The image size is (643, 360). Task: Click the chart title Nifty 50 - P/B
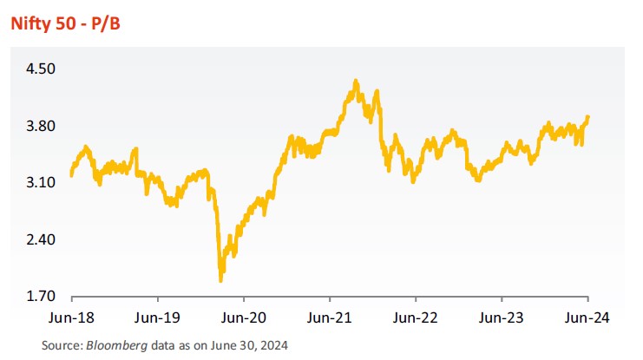point(66,23)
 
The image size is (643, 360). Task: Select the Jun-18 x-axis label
point(71,317)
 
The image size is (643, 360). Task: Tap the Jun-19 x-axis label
point(158,317)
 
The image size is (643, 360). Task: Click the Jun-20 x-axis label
point(244,317)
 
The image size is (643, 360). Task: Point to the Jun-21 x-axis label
point(330,317)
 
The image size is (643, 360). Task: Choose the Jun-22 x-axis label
point(417,317)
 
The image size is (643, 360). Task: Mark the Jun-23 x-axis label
point(502,317)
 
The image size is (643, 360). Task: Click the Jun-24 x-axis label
point(588,317)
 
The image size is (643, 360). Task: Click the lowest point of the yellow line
point(220,280)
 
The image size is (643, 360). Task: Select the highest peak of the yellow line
point(357,81)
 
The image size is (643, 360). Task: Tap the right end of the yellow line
point(588,117)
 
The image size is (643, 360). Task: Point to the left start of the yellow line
point(71,175)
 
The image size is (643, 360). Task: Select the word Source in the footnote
point(60,345)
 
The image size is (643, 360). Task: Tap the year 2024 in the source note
point(273,345)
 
